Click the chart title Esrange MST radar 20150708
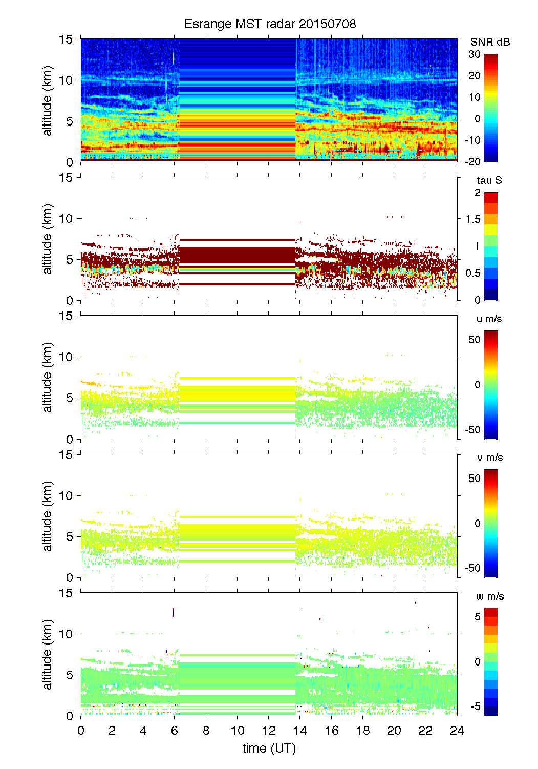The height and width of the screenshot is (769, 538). [x=270, y=24]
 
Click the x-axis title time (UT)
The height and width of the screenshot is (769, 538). [x=269, y=749]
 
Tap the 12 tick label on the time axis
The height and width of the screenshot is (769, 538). [x=269, y=730]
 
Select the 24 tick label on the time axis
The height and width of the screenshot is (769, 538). [x=457, y=730]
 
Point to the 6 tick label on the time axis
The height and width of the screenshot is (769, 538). [x=175, y=730]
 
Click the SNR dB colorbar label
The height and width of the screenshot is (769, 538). [x=490, y=42]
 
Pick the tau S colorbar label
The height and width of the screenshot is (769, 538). [x=489, y=180]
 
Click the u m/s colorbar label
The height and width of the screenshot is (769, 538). [x=489, y=319]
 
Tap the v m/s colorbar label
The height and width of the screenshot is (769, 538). [x=489, y=458]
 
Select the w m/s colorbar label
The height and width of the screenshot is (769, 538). [x=490, y=596]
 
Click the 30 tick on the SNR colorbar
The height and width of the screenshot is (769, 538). [x=475, y=54]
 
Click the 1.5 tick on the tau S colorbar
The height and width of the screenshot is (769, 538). [x=473, y=219]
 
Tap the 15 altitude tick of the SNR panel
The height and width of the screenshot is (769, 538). [x=67, y=39]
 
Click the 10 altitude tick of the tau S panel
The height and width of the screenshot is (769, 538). [x=67, y=219]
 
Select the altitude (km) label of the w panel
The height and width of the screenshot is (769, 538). [x=48, y=654]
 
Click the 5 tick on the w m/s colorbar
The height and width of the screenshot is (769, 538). [x=477, y=617]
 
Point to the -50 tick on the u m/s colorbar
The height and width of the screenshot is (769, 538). [x=472, y=430]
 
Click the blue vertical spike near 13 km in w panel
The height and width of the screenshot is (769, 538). [x=173, y=612]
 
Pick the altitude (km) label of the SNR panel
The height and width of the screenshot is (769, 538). [x=48, y=100]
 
